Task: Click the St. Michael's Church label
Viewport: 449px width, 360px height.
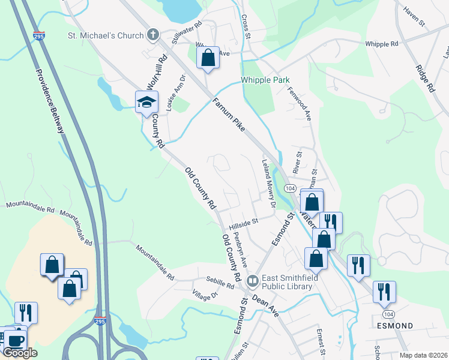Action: [x=105, y=35]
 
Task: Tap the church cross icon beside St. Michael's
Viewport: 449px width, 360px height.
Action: [x=153, y=35]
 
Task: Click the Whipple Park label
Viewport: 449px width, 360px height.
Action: [x=265, y=80]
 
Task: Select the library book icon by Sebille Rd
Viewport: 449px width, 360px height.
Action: [x=253, y=280]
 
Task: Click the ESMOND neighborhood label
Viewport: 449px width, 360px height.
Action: [x=394, y=326]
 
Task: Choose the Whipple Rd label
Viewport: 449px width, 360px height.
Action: [x=382, y=44]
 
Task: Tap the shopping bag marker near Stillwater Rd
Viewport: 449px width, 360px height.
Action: [x=208, y=59]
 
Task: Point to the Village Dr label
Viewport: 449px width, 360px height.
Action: [x=205, y=296]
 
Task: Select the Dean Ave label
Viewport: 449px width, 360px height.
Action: [x=265, y=305]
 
